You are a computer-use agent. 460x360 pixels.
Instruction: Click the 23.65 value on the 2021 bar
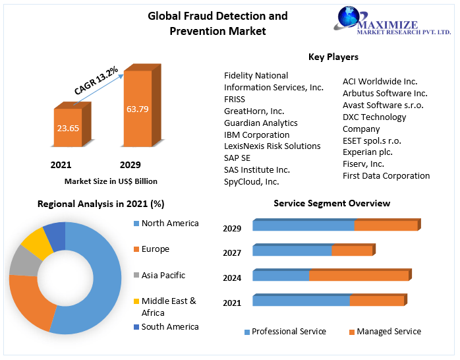pos(67,128)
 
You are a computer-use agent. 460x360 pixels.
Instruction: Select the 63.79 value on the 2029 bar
pos(138,108)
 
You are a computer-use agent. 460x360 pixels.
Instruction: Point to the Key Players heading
pos(333,57)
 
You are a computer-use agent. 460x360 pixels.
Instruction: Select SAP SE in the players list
pos(237,158)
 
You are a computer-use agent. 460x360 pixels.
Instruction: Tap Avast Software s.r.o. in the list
pos(383,105)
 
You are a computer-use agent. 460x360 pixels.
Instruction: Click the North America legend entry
pos(169,224)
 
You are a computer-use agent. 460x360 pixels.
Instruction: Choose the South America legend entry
pos(169,327)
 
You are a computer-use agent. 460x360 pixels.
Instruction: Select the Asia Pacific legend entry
pos(163,276)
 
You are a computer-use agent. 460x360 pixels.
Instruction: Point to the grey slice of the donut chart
pos(23,262)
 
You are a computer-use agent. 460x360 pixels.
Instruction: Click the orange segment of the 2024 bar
pos(359,276)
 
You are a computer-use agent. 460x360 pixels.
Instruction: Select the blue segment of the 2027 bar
pos(292,251)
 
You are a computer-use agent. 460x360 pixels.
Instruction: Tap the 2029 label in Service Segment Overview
pos(232,229)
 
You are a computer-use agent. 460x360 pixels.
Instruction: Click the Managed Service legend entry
pos(388,332)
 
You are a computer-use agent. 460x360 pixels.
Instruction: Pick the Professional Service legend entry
pos(289,332)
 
